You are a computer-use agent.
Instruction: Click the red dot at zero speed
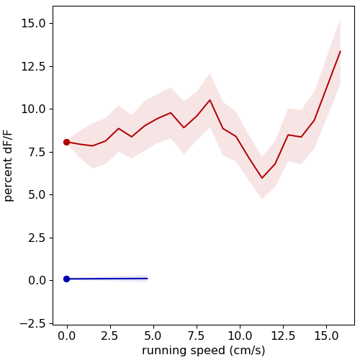(x=66, y=142)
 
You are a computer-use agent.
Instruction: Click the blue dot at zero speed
(x=66, y=279)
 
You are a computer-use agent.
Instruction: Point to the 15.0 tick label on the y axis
(x=33, y=24)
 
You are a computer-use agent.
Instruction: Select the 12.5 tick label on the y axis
(x=33, y=66)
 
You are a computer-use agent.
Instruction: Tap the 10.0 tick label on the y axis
(x=33, y=109)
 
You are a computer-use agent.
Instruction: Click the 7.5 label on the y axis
(x=37, y=152)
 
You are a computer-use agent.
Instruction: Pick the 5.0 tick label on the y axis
(x=37, y=195)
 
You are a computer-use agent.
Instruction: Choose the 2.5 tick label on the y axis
(x=37, y=238)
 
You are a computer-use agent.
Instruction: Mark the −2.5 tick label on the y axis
(x=33, y=323)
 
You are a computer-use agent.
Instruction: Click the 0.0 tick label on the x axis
(x=66, y=336)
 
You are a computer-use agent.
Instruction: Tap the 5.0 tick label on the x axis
(x=153, y=336)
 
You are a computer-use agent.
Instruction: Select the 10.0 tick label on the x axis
(x=240, y=336)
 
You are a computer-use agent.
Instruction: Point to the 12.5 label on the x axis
(x=283, y=336)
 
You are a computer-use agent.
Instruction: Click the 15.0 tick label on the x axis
(x=326, y=336)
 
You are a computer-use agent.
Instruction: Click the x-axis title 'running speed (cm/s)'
(x=204, y=351)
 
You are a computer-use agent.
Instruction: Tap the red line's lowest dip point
(x=262, y=178)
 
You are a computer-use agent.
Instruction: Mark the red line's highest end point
(x=341, y=51)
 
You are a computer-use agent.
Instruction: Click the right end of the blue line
(x=148, y=279)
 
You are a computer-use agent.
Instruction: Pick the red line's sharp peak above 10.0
(x=210, y=100)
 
